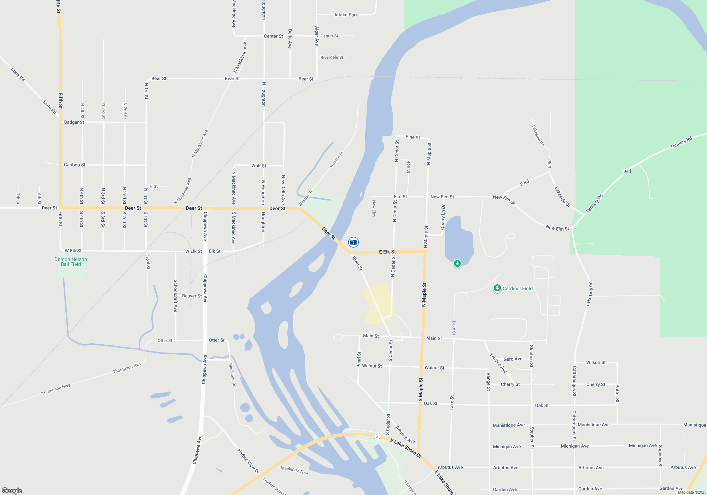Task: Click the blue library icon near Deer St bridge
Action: (x=353, y=242)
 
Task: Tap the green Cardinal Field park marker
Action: (x=497, y=289)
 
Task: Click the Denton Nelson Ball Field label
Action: (x=71, y=262)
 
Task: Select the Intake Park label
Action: (x=346, y=15)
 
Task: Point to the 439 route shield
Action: (x=627, y=171)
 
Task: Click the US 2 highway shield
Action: (x=377, y=436)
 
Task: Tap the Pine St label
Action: (x=413, y=137)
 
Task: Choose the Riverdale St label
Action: (x=332, y=57)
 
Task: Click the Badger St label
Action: (x=74, y=122)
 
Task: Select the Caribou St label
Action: (x=75, y=165)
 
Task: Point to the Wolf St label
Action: (x=259, y=165)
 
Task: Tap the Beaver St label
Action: (x=192, y=296)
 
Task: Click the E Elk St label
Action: (x=387, y=252)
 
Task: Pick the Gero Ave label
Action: (x=513, y=359)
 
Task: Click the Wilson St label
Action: (x=596, y=362)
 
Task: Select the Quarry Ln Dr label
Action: (x=443, y=217)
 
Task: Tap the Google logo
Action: (x=12, y=490)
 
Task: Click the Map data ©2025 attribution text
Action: (x=691, y=492)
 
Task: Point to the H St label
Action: (x=153, y=186)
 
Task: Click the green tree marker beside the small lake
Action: (x=457, y=263)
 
